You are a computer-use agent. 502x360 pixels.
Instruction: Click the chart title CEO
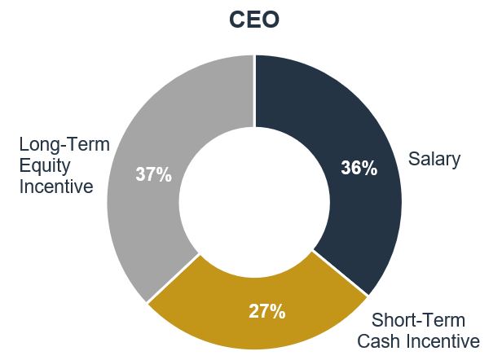point(253,20)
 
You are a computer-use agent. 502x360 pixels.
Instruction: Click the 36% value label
point(359,169)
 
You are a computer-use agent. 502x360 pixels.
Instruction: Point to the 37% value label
point(153,174)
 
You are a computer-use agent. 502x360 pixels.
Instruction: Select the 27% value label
point(266,310)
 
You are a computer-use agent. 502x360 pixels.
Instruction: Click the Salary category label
point(434,159)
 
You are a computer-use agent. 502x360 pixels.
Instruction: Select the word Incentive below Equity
point(55,187)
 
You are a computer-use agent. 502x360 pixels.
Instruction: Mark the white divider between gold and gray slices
point(173,277)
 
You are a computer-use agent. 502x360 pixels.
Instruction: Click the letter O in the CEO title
point(270,20)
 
